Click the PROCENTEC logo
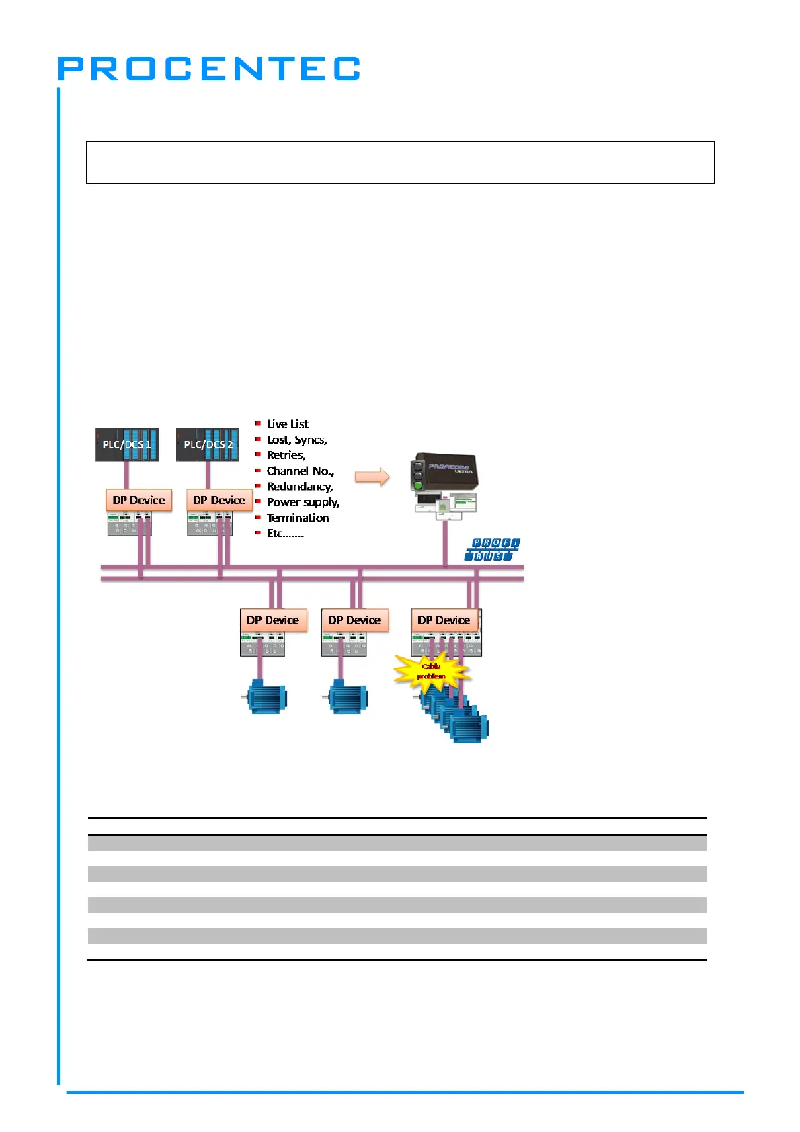209,69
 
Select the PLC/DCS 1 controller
127,444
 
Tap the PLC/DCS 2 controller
208,444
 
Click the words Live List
287,424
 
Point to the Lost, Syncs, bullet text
296,440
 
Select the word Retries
286,455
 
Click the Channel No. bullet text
300,471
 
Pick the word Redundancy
300,487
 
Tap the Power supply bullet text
303,502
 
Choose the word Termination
298,518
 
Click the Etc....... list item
285,534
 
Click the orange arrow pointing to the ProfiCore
372,477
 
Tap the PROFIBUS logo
493,549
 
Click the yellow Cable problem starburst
431,672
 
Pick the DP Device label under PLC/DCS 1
139,500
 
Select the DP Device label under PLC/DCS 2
219,500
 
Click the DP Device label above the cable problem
444,620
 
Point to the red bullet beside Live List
258,423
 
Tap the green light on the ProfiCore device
417,484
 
